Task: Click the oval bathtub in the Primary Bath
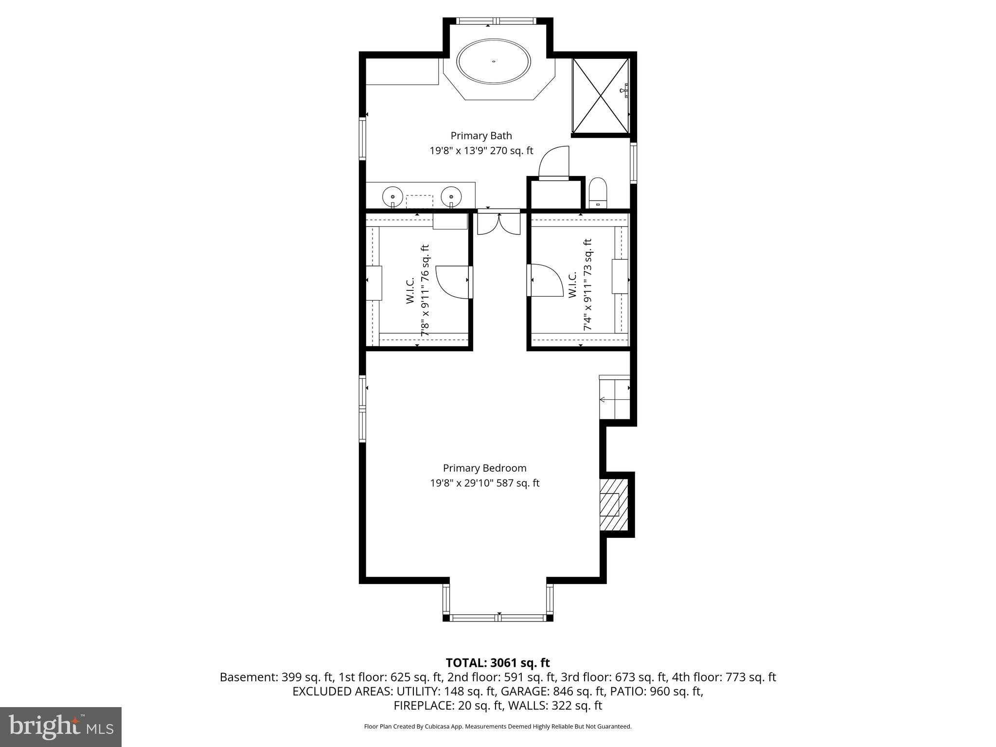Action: (494, 62)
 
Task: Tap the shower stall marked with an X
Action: (601, 95)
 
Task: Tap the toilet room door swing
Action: (553, 163)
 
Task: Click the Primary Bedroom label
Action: (484, 468)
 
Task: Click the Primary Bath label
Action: (481, 136)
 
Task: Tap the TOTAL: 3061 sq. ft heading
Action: (498, 662)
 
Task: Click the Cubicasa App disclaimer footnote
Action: (498, 727)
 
